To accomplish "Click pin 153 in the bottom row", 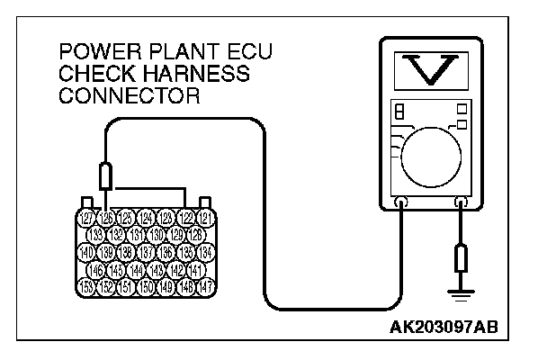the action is pyautogui.click(x=86, y=286).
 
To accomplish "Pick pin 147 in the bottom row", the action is pyautogui.click(x=204, y=286).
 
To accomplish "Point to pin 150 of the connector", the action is pyautogui.click(x=146, y=286).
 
